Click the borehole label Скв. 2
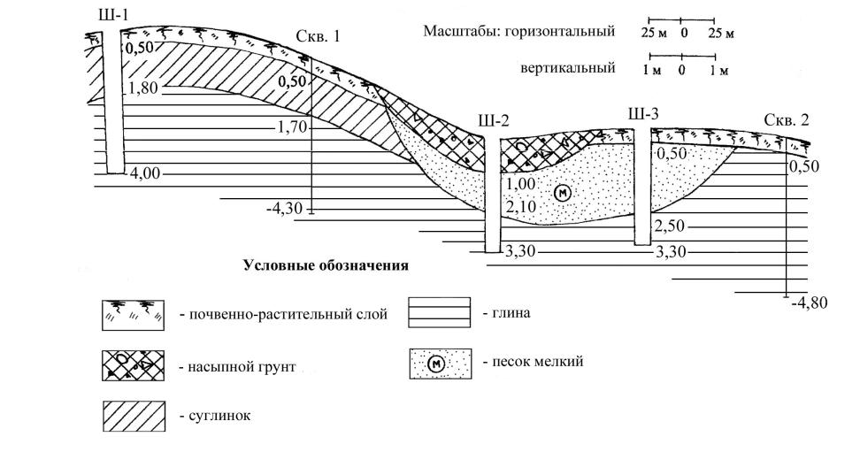coord(787,121)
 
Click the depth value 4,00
coord(143,173)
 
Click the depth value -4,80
coord(810,303)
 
